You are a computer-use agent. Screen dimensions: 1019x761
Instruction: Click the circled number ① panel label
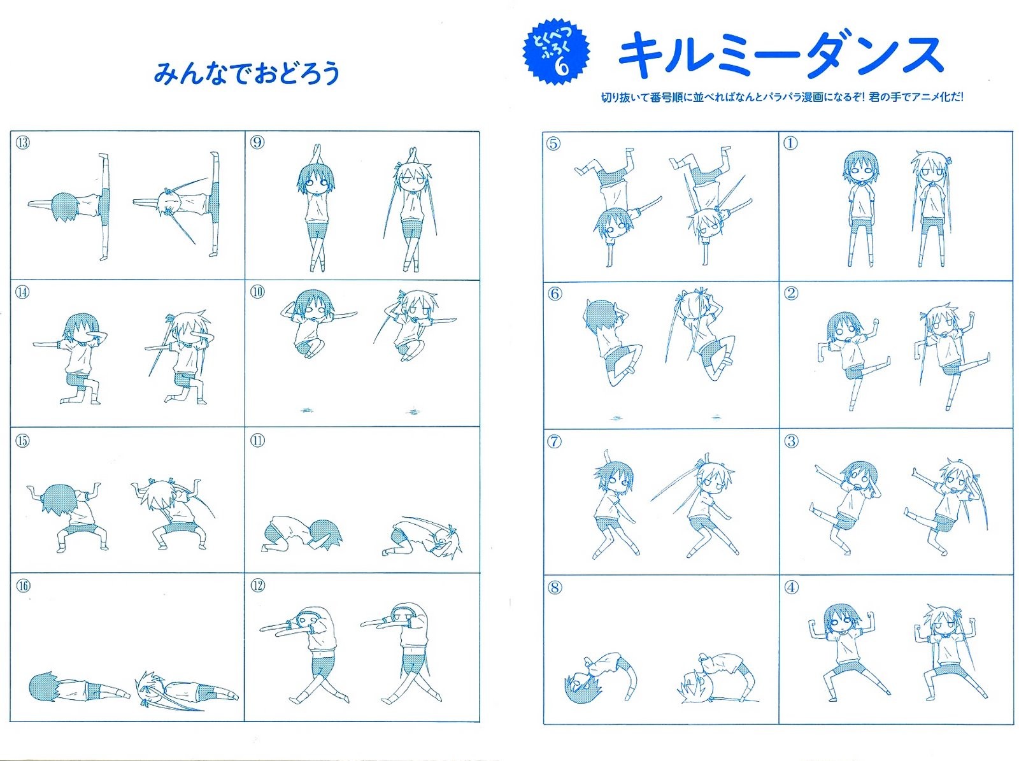(x=790, y=143)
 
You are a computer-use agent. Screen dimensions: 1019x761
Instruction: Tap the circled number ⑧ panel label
(x=555, y=588)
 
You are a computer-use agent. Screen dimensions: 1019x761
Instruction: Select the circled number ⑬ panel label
(x=22, y=142)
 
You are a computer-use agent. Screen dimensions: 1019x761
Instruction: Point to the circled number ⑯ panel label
(x=23, y=586)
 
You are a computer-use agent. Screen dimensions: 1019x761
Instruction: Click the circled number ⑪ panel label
(x=257, y=440)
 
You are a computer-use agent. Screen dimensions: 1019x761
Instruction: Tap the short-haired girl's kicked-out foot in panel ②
(x=887, y=360)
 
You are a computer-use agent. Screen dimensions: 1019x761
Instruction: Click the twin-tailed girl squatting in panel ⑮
(x=173, y=514)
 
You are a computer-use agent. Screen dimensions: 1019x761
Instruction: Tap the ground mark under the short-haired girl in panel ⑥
(x=616, y=418)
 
